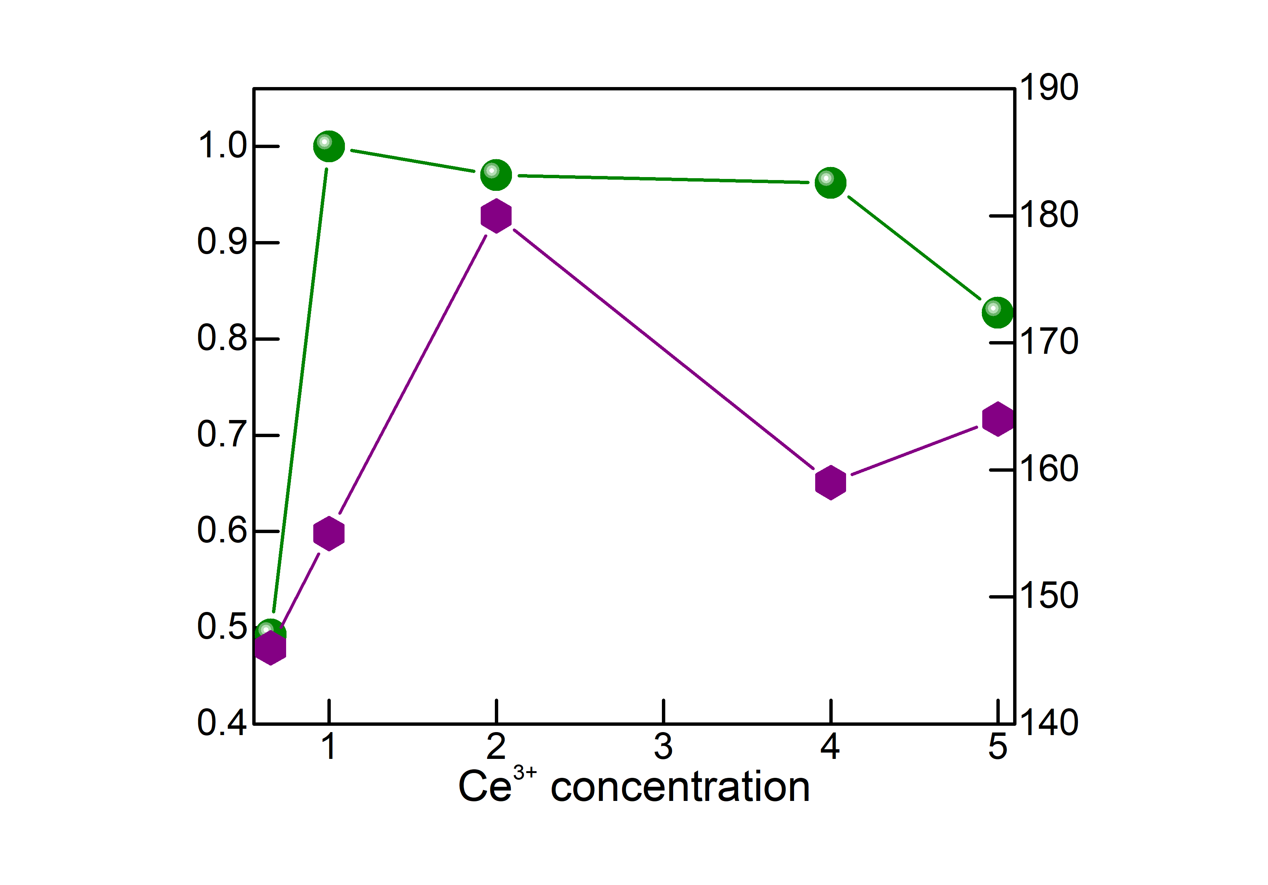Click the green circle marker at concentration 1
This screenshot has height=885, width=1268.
click(x=329, y=146)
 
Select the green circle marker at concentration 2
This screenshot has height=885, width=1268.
click(x=496, y=175)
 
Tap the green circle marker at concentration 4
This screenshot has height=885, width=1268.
click(x=830, y=182)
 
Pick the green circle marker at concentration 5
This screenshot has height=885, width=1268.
click(x=998, y=312)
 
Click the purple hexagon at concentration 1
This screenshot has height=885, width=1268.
click(x=329, y=534)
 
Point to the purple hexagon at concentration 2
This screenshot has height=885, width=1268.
click(x=496, y=216)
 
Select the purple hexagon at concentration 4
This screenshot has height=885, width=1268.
click(x=830, y=482)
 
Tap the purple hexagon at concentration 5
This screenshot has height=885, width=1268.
click(x=998, y=419)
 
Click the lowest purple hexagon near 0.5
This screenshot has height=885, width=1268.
click(x=270, y=648)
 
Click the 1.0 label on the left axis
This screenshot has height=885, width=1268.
click(x=222, y=146)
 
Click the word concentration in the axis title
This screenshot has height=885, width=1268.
click(x=681, y=787)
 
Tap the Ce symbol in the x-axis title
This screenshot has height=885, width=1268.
click(x=485, y=786)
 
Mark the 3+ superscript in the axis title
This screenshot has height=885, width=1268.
click(x=525, y=772)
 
